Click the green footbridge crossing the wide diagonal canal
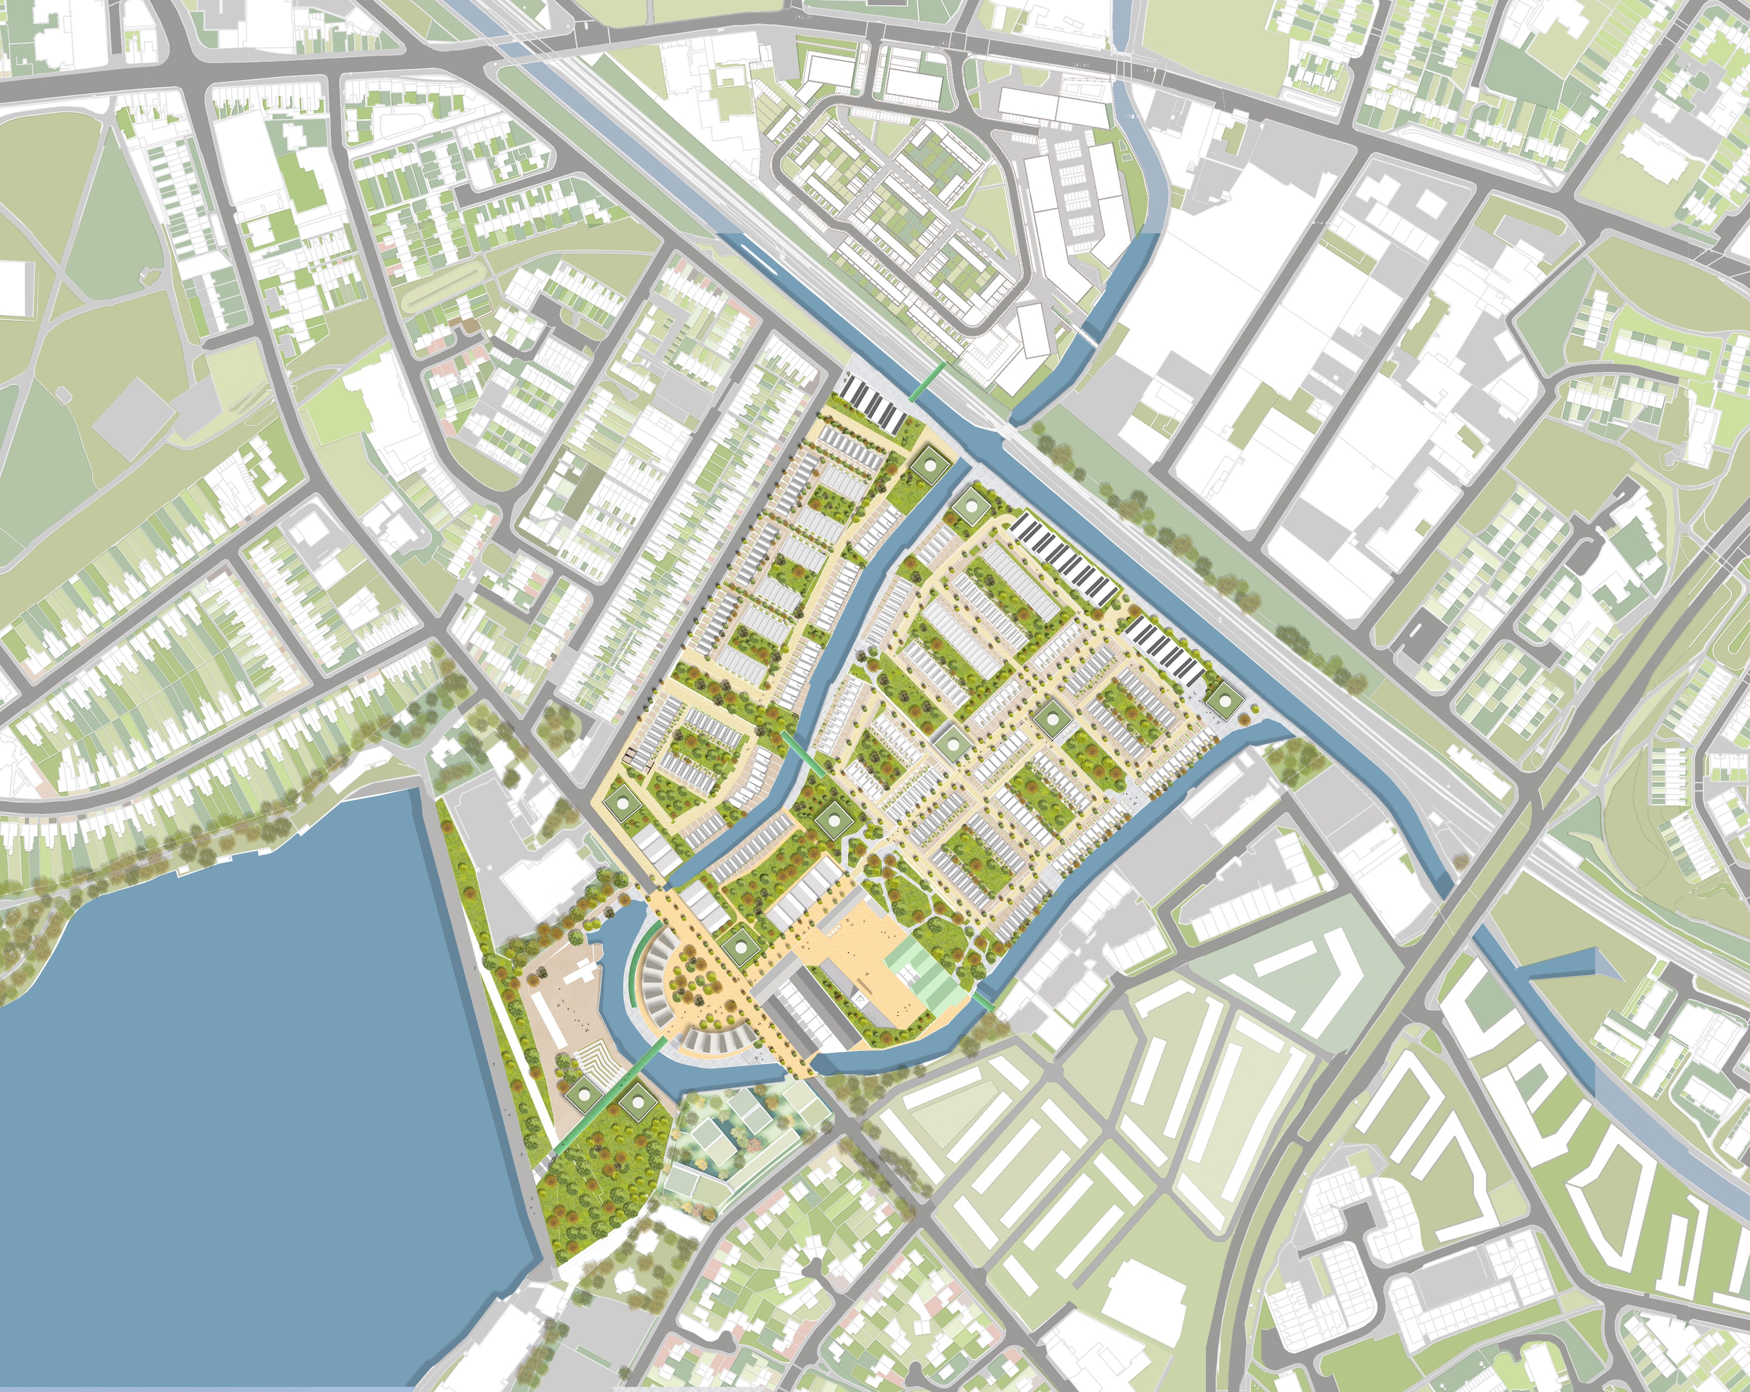click(x=926, y=382)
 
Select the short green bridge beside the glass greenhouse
click(x=984, y=1002)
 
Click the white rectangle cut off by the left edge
click(x=16, y=288)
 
